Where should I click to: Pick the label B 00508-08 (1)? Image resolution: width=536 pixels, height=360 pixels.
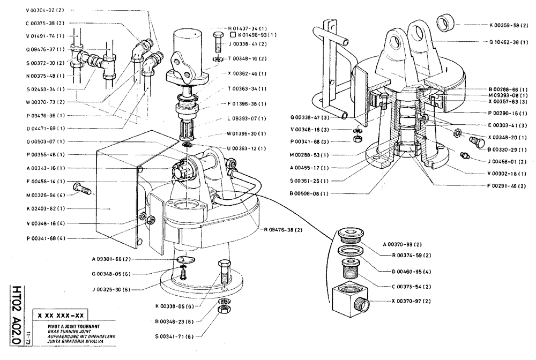point(309,193)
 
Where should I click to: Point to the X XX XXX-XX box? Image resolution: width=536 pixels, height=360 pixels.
point(61,316)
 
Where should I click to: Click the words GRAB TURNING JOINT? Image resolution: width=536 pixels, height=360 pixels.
point(58,331)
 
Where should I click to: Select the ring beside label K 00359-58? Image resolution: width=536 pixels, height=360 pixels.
point(445,24)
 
